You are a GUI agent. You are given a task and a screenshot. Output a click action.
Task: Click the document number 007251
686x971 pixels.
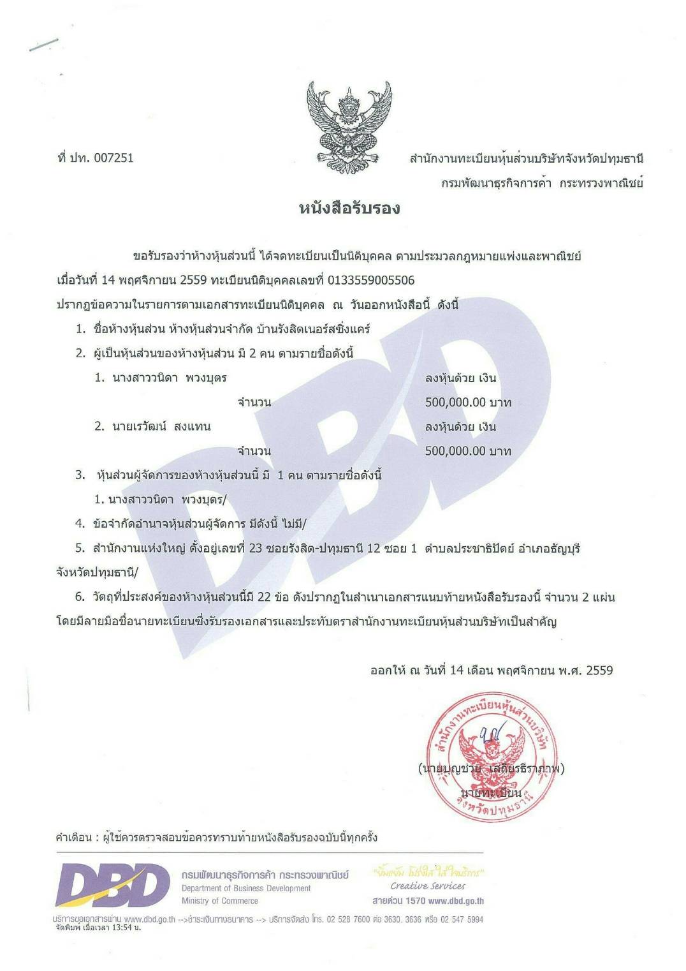pos(113,158)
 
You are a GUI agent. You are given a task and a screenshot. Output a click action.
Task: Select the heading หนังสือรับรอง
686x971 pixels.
pos(349,209)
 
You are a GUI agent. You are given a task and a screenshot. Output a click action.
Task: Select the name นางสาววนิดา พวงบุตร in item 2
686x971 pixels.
pos(170,378)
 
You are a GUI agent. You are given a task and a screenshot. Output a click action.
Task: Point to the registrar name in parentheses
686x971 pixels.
pos(491,769)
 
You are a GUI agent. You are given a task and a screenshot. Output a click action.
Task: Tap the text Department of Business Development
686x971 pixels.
pos(246,888)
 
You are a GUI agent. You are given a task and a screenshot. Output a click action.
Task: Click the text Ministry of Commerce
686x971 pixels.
pos(220,901)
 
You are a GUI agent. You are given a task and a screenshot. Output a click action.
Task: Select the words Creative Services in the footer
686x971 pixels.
pos(428,886)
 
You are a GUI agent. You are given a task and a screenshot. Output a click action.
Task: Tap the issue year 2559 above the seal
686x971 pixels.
pos(599,671)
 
